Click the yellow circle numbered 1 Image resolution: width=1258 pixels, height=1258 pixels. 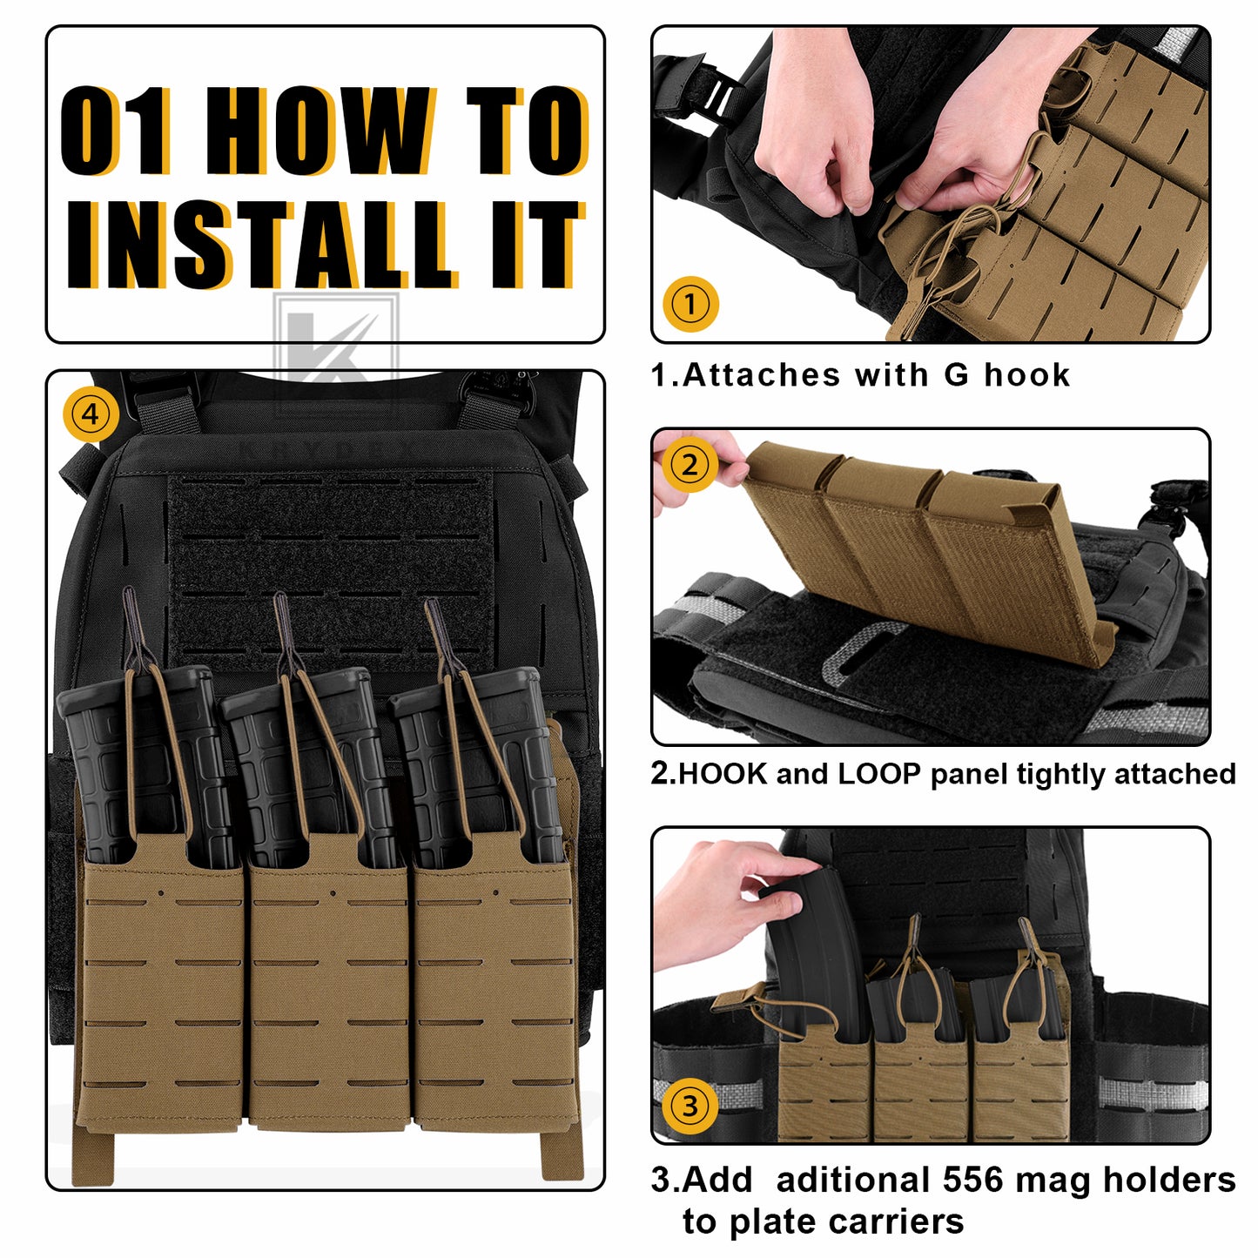click(690, 304)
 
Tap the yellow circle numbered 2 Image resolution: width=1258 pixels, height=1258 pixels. click(690, 466)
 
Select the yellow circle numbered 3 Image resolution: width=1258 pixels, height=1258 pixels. click(690, 1106)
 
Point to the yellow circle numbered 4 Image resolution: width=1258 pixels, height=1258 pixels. click(91, 414)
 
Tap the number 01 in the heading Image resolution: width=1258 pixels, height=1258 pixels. click(116, 131)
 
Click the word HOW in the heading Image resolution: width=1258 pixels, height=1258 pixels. click(322, 131)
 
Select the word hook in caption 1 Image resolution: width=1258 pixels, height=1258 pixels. click(1027, 374)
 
